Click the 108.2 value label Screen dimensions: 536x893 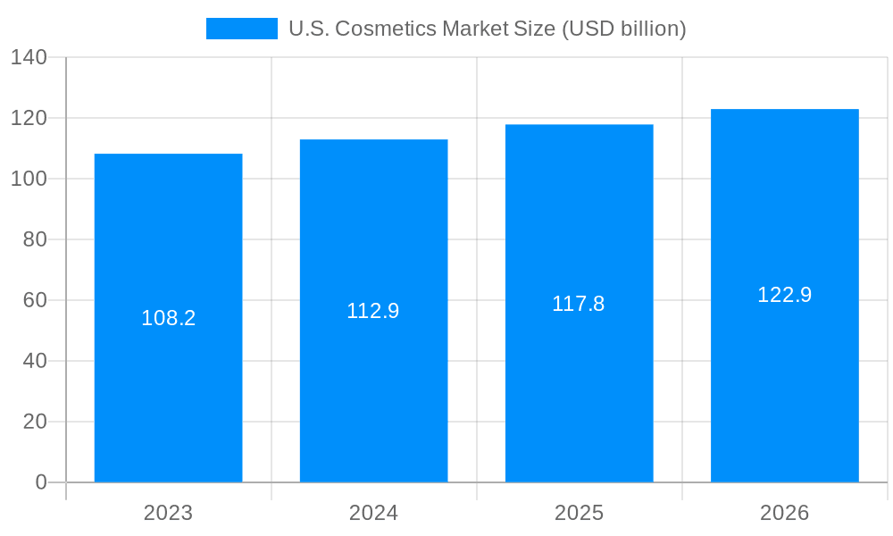pyautogui.click(x=168, y=318)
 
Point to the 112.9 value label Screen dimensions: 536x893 pyautogui.click(x=373, y=311)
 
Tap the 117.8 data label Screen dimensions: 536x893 pyautogui.click(x=579, y=304)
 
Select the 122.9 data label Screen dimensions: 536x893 pyautogui.click(x=784, y=295)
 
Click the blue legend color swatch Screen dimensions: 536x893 pyautogui.click(x=241, y=29)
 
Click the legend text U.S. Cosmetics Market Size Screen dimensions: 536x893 pyautogui.click(x=487, y=29)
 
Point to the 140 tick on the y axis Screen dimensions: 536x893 pyautogui.click(x=29, y=57)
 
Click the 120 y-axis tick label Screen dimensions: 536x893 pyautogui.click(x=29, y=118)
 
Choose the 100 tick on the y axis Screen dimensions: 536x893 pyautogui.click(x=29, y=179)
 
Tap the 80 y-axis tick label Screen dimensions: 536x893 pyautogui.click(x=35, y=239)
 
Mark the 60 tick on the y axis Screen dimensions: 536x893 pyautogui.click(x=35, y=300)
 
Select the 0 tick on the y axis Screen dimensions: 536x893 pyautogui.click(x=41, y=482)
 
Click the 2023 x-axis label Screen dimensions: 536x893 pyautogui.click(x=168, y=513)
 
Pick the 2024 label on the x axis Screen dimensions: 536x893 pyautogui.click(x=373, y=513)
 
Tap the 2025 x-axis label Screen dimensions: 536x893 pyautogui.click(x=579, y=513)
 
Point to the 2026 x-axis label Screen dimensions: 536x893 pyautogui.click(x=784, y=513)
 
